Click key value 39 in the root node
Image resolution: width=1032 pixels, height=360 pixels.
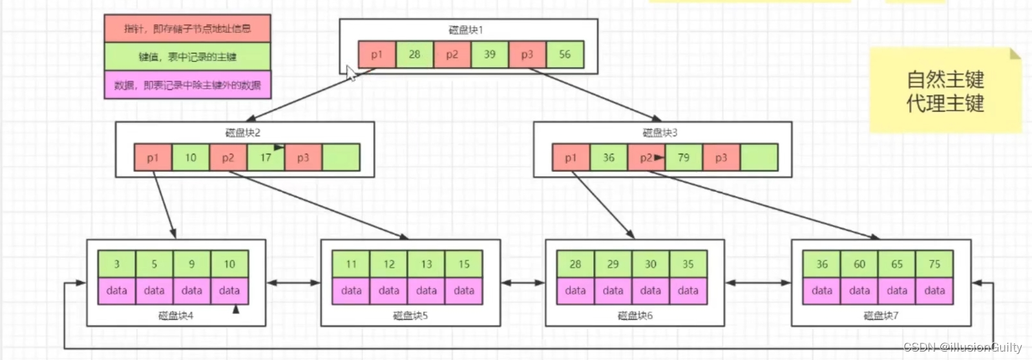click(x=490, y=55)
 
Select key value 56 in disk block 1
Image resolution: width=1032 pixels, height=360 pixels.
click(x=565, y=55)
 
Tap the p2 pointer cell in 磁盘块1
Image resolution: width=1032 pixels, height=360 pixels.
click(x=452, y=55)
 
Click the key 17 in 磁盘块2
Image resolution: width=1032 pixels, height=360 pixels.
click(x=266, y=158)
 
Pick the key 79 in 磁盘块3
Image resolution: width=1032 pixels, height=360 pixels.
click(x=683, y=158)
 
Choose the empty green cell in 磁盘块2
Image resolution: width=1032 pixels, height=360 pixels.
click(x=341, y=158)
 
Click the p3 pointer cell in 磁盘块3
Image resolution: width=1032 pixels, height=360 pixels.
click(x=721, y=158)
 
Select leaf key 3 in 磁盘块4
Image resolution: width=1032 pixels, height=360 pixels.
click(x=116, y=264)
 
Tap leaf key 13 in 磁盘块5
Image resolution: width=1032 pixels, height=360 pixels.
click(x=426, y=264)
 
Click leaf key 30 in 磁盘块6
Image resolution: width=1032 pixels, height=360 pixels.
click(x=650, y=264)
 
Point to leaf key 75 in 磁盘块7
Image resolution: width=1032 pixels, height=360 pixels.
click(x=934, y=264)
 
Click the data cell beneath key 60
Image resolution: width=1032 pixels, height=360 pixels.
click(x=859, y=291)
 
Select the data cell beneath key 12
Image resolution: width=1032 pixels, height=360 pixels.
click(x=389, y=291)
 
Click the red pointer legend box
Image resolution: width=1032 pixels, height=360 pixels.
click(x=187, y=28)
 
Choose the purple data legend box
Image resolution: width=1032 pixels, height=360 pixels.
click(x=187, y=85)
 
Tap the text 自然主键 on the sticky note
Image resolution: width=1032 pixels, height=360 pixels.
click(x=945, y=80)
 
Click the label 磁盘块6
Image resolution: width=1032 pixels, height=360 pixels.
click(x=635, y=316)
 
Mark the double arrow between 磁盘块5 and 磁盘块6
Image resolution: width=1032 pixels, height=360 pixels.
click(x=523, y=282)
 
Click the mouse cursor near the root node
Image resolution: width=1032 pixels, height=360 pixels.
click(x=351, y=73)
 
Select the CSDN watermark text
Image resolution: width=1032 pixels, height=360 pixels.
click(x=962, y=348)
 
